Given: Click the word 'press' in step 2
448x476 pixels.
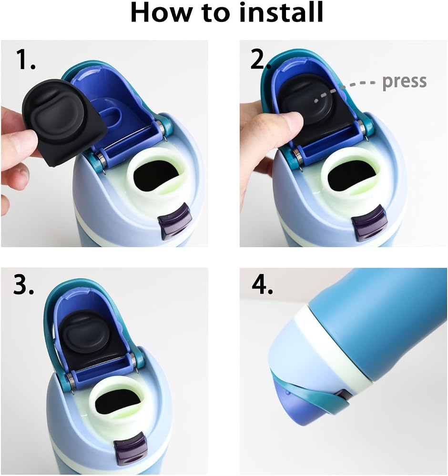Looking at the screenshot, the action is pyautogui.click(x=404, y=82).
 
